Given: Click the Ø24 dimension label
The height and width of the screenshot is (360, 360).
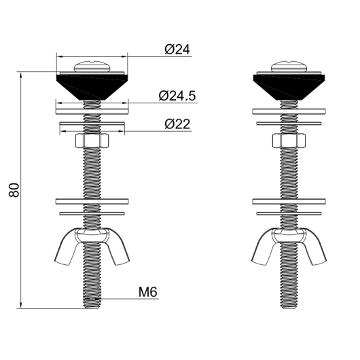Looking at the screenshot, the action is [x=177, y=49].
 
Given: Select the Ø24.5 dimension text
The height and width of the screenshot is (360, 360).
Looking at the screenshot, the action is [x=177, y=96].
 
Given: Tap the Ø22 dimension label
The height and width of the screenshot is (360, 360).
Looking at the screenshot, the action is [x=177, y=124].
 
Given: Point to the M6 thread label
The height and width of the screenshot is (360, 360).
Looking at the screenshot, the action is [x=148, y=292].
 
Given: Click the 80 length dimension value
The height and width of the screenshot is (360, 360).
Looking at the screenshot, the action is [x=14, y=190].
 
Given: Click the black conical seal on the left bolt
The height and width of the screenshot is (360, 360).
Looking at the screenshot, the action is [x=92, y=87].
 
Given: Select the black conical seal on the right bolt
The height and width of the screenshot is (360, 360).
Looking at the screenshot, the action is [x=289, y=87].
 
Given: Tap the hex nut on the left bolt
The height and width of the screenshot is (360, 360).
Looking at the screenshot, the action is [x=92, y=141].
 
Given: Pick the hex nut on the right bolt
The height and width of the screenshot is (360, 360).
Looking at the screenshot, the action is [x=289, y=141].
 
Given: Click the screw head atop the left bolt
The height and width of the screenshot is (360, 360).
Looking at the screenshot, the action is [x=92, y=67].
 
